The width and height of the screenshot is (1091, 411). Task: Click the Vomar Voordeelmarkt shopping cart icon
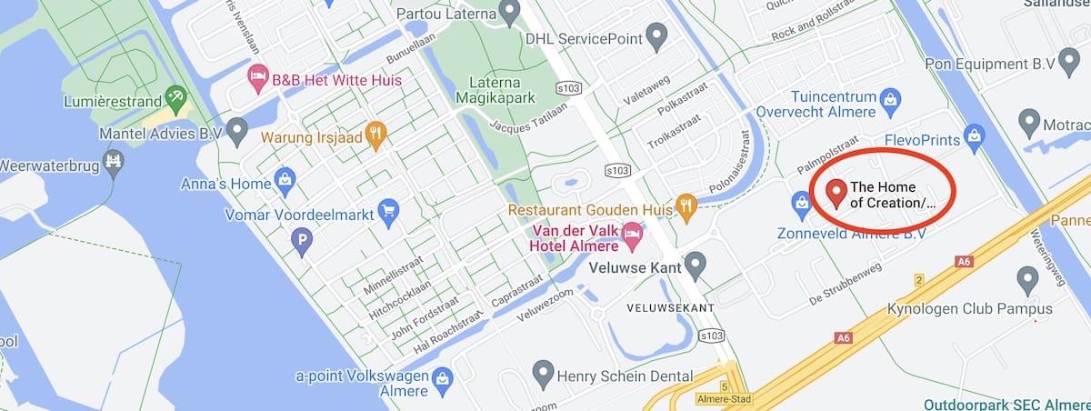click(388, 214)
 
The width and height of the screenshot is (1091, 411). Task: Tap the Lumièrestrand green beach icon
click(176, 98)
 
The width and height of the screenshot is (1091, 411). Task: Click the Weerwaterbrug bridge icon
click(114, 163)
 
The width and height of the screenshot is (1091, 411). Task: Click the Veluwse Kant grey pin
click(696, 265)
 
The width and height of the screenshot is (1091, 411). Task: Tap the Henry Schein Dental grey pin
click(543, 373)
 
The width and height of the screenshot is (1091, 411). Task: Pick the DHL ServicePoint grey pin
click(656, 37)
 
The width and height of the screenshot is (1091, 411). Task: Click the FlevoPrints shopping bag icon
click(975, 137)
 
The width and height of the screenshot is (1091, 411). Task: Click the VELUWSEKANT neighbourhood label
click(671, 308)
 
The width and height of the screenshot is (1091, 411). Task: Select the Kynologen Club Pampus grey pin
click(1028, 280)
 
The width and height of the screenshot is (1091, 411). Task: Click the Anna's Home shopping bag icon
click(285, 180)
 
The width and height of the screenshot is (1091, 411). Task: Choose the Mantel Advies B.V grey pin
click(237, 131)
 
